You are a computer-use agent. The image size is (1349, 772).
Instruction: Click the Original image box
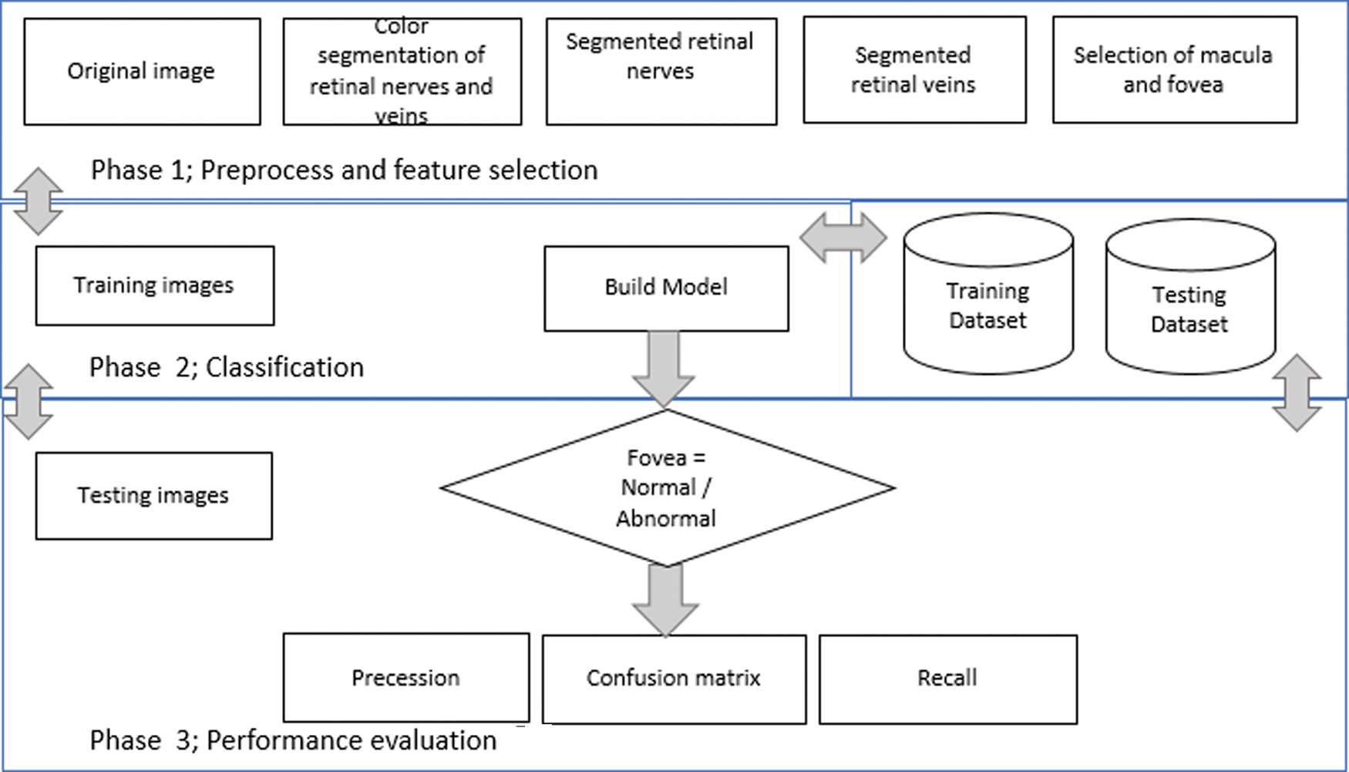[143, 72]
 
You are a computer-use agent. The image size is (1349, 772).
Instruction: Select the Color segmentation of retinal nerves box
[402, 72]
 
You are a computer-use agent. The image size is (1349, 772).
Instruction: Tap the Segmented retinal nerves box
[661, 72]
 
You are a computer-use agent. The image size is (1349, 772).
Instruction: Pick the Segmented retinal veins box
[915, 70]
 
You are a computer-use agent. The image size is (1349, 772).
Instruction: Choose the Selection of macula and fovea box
[1175, 70]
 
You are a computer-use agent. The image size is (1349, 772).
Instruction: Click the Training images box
[155, 286]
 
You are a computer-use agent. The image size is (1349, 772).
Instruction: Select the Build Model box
[666, 289]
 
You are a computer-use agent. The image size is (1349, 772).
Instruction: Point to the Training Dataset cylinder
[988, 294]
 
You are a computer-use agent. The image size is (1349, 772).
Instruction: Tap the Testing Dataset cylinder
[1190, 297]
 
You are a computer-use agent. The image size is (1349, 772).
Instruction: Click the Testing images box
[154, 496]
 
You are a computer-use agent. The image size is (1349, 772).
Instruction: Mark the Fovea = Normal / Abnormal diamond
[668, 488]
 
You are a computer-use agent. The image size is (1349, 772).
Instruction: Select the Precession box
[406, 678]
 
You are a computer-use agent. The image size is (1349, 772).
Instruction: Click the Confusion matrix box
[674, 679]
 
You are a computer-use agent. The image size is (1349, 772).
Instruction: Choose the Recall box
[948, 679]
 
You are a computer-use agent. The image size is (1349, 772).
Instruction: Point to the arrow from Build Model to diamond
[664, 369]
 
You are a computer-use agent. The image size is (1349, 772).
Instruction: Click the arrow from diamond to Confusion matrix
[665, 601]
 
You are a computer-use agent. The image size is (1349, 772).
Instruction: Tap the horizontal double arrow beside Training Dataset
[843, 238]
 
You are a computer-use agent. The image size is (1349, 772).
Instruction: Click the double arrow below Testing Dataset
[1297, 393]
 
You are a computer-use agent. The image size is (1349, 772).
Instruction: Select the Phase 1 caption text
[345, 170]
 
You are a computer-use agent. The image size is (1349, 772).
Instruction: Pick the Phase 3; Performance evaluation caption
[293, 740]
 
